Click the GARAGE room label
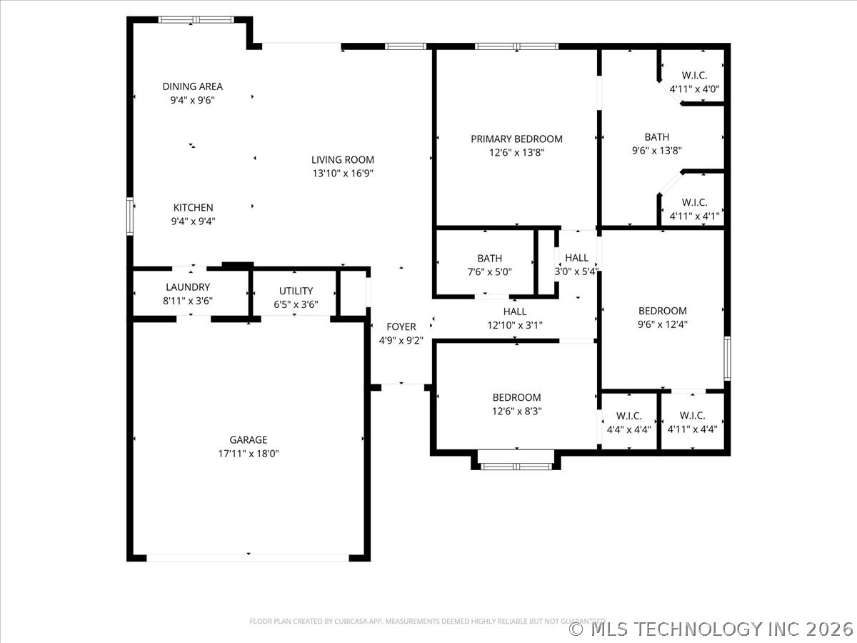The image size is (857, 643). (x=248, y=440)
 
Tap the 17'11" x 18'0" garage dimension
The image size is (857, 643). (x=248, y=454)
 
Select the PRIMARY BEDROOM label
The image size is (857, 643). (x=516, y=139)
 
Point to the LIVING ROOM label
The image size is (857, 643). (x=343, y=159)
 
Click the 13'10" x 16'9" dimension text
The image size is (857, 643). (x=343, y=173)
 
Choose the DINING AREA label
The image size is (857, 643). (x=192, y=86)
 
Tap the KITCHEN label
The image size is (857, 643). (x=193, y=207)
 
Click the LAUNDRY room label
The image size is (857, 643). (x=188, y=287)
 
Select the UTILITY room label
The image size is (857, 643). (x=296, y=291)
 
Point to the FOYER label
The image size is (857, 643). (x=401, y=327)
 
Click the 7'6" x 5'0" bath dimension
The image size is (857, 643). (x=489, y=272)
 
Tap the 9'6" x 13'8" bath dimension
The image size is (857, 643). (x=656, y=151)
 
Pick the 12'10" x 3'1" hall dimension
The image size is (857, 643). (x=514, y=325)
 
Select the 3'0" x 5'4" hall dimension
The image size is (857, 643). (x=576, y=271)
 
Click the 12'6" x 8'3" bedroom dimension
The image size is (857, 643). (x=516, y=411)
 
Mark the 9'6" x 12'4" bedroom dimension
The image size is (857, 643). (x=662, y=324)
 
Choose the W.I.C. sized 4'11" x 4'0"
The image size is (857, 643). (x=694, y=89)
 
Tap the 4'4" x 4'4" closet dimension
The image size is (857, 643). (x=628, y=429)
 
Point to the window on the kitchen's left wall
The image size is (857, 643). (x=130, y=216)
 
